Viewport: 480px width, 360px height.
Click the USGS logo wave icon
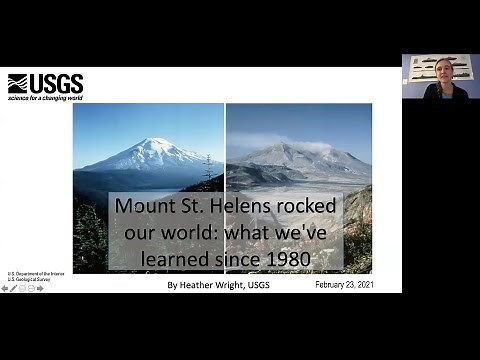tap(17, 83)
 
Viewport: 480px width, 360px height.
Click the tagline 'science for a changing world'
tap(45, 98)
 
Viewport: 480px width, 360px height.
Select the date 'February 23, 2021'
tap(343, 285)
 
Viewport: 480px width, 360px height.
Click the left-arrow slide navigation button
tap(5, 288)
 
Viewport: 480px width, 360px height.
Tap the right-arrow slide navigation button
tap(40, 288)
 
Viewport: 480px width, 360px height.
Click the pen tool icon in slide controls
tap(14, 288)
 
